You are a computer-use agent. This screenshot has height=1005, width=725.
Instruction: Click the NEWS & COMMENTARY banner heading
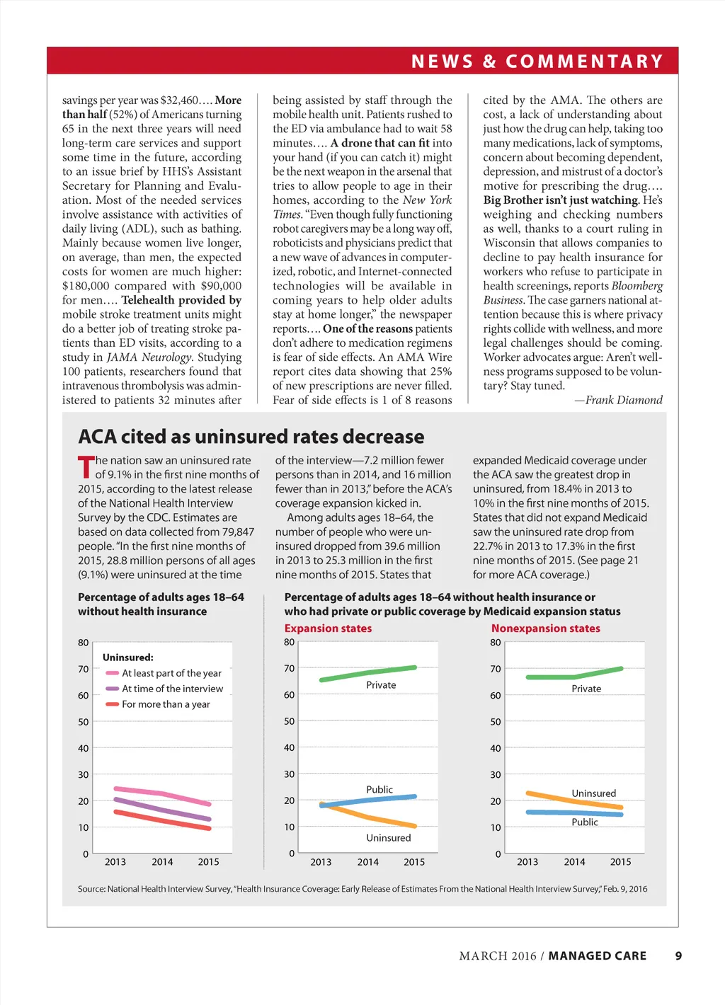click(x=537, y=62)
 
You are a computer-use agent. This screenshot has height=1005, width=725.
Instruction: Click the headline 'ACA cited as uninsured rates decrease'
click(x=251, y=436)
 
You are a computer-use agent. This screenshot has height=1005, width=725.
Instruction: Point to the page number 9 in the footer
click(x=678, y=955)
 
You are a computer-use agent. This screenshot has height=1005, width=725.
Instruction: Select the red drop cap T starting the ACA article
click(x=85, y=467)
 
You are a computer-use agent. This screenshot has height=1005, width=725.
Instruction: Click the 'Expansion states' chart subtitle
click(x=328, y=628)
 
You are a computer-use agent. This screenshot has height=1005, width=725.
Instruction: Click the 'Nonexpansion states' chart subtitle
click(x=545, y=628)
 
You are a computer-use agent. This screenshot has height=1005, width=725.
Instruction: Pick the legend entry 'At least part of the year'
click(x=171, y=673)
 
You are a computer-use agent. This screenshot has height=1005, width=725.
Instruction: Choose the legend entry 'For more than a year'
click(x=166, y=704)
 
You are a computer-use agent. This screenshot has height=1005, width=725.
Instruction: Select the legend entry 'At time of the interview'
click(x=172, y=689)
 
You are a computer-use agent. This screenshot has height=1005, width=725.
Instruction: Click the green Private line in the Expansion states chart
click(x=368, y=673)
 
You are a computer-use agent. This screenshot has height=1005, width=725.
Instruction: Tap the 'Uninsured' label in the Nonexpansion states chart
click(x=593, y=793)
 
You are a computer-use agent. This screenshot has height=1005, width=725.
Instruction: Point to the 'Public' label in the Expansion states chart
click(x=379, y=789)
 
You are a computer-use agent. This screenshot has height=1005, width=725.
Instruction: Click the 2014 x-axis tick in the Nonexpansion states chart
click(x=574, y=862)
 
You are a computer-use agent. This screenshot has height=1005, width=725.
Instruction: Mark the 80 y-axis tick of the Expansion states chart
click(x=289, y=642)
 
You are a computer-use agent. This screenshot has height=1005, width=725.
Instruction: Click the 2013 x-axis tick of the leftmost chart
click(x=115, y=862)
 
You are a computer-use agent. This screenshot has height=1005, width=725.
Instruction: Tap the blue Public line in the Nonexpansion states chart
click(x=574, y=813)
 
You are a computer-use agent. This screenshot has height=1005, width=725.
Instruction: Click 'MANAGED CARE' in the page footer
click(x=597, y=955)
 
